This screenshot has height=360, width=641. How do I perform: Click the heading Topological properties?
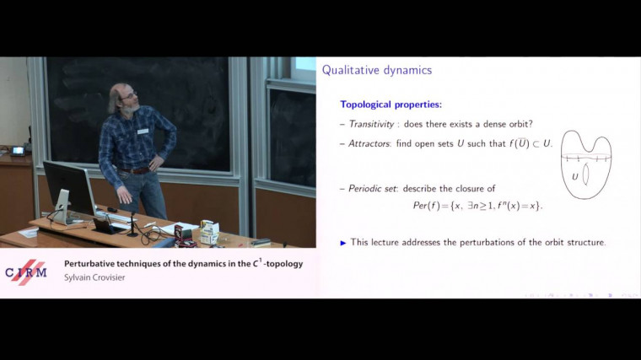tap(391, 105)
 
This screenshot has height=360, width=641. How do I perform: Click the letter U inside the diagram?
tap(574, 176)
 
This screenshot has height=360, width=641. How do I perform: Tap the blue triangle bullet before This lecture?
tap(343, 243)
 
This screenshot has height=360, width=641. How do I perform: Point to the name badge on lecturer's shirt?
tap(143, 131)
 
